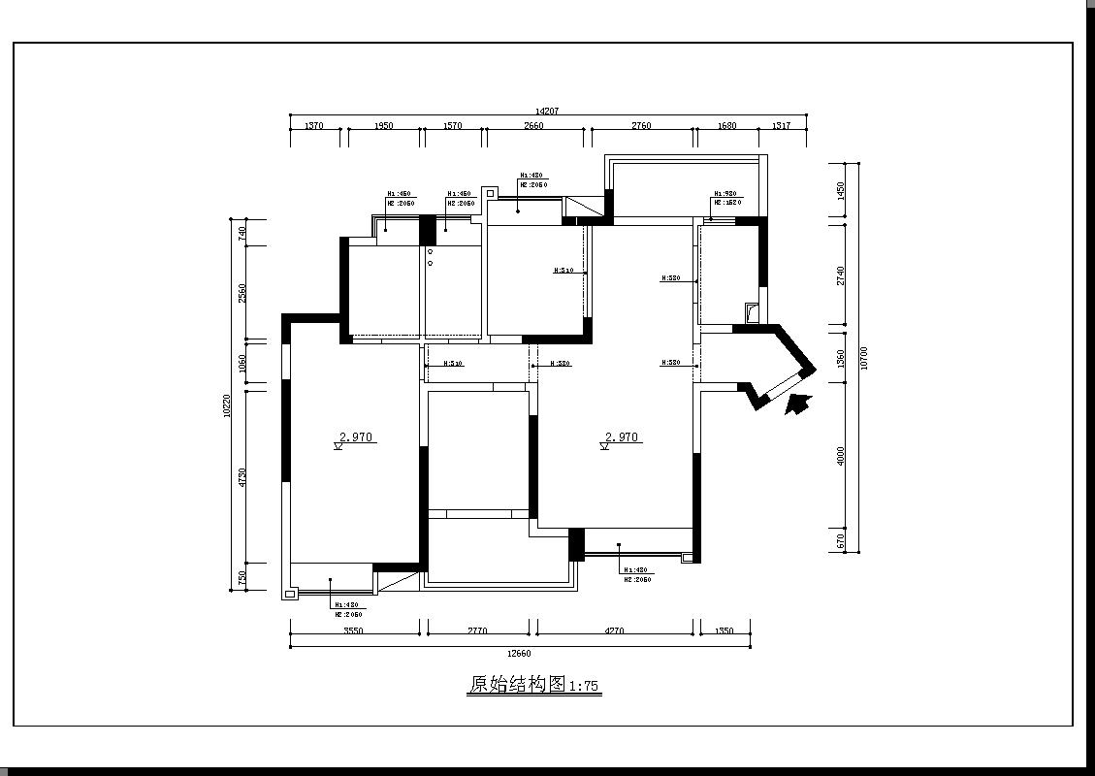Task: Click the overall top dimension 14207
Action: (x=547, y=112)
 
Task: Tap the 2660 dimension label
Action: (x=533, y=126)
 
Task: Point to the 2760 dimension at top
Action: (x=641, y=126)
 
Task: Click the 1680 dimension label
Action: (x=726, y=126)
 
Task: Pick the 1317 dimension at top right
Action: (x=781, y=126)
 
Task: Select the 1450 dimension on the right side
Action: (x=841, y=190)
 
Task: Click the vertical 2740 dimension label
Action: (x=841, y=275)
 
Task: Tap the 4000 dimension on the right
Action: (x=841, y=455)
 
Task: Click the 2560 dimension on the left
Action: (x=242, y=293)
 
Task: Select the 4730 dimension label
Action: (x=242, y=476)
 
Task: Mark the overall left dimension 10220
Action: (x=226, y=405)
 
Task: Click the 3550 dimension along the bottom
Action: (x=353, y=631)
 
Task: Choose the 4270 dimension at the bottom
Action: (x=614, y=631)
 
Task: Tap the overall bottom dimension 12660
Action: (x=519, y=654)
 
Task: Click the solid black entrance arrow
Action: (x=797, y=404)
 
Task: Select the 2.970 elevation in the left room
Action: (x=356, y=437)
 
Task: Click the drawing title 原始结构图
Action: (x=516, y=685)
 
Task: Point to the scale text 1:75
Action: (x=584, y=687)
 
